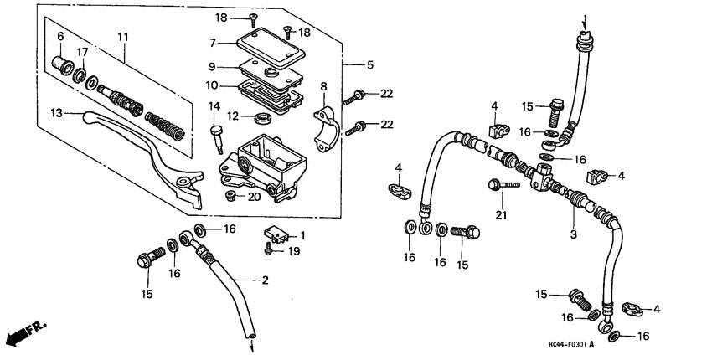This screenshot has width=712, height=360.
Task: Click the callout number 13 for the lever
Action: click(57, 112)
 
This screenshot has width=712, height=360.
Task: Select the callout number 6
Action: click(60, 36)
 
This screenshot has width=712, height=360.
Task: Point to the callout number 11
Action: click(123, 36)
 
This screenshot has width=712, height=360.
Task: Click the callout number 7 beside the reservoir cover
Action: click(213, 42)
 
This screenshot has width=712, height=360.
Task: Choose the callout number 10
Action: click(213, 85)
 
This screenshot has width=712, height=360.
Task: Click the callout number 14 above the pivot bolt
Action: click(214, 106)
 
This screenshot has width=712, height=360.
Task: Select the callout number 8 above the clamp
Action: click(323, 85)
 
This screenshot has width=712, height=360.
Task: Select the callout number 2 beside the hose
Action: click(266, 280)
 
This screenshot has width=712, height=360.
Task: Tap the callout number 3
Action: click(574, 235)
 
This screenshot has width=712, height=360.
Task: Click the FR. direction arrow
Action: click(25, 332)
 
